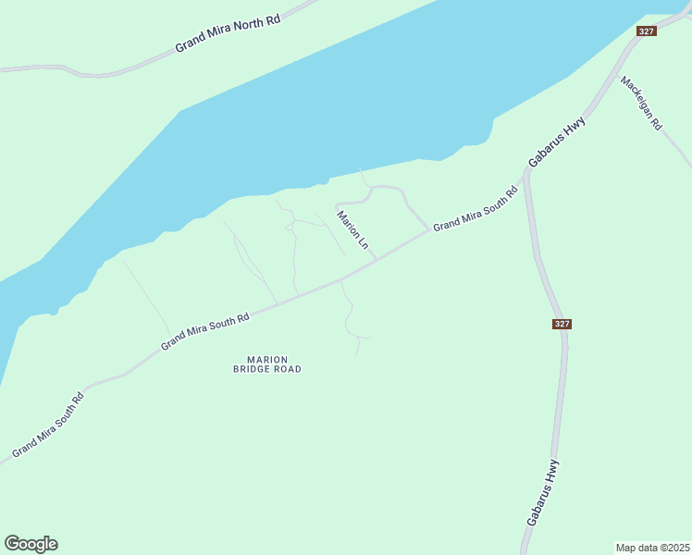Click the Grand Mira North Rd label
pyautogui.click(x=228, y=34)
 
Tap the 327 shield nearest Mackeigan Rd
pyautogui.click(x=647, y=31)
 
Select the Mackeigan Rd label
pyautogui.click(x=642, y=103)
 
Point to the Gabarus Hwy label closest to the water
pyautogui.click(x=558, y=141)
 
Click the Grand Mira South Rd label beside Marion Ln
pyautogui.click(x=475, y=210)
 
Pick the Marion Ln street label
pyautogui.click(x=352, y=230)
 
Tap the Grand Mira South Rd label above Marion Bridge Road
pyautogui.click(x=205, y=331)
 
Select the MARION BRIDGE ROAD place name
pyautogui.click(x=267, y=364)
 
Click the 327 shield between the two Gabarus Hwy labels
pyautogui.click(x=562, y=324)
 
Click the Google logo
pyautogui.click(x=31, y=544)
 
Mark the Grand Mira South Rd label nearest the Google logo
pyautogui.click(x=48, y=425)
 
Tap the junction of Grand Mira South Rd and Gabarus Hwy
pyautogui.click(x=523, y=179)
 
